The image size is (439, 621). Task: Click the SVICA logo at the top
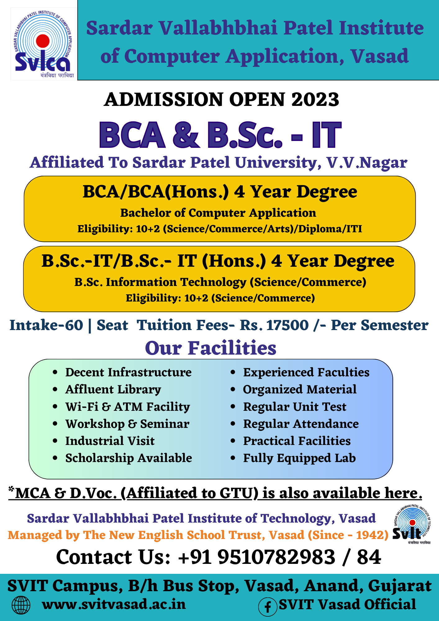coord(44,44)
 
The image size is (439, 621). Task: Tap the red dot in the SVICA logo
coord(43,41)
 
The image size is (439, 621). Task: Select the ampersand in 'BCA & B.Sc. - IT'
coord(186,135)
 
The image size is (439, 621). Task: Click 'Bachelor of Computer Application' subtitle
coord(218,213)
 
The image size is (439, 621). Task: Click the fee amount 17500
coord(287,325)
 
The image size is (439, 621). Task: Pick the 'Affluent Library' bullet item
coord(113,390)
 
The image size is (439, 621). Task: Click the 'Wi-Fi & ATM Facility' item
coord(128,407)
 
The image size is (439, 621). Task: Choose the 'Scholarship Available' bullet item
coord(129,458)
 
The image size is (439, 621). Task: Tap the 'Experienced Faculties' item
coord(306,372)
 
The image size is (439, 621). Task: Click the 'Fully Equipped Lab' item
coord(299,458)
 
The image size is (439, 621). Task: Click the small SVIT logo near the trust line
coord(412,525)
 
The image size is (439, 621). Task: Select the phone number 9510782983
coord(277,557)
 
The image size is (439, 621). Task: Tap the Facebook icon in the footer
coord(268,607)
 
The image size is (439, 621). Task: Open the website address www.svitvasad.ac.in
coord(114,604)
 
